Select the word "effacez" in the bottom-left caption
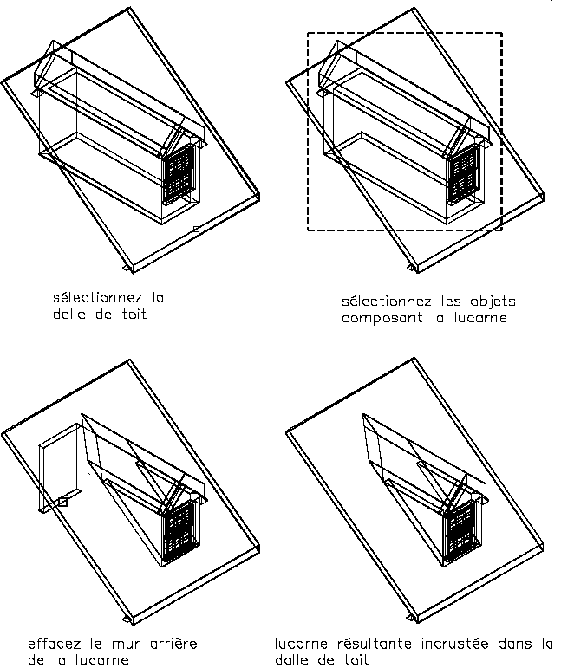click(54, 643)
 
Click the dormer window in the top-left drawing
click(179, 173)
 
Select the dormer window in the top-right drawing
click(464, 173)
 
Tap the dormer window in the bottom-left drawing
click(179, 530)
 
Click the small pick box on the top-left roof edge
click(196, 230)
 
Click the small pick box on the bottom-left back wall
click(62, 503)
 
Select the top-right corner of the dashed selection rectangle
click(502, 33)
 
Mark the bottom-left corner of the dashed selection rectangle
click(308, 230)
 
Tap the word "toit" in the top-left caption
click(134, 315)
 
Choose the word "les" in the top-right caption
click(451, 302)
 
